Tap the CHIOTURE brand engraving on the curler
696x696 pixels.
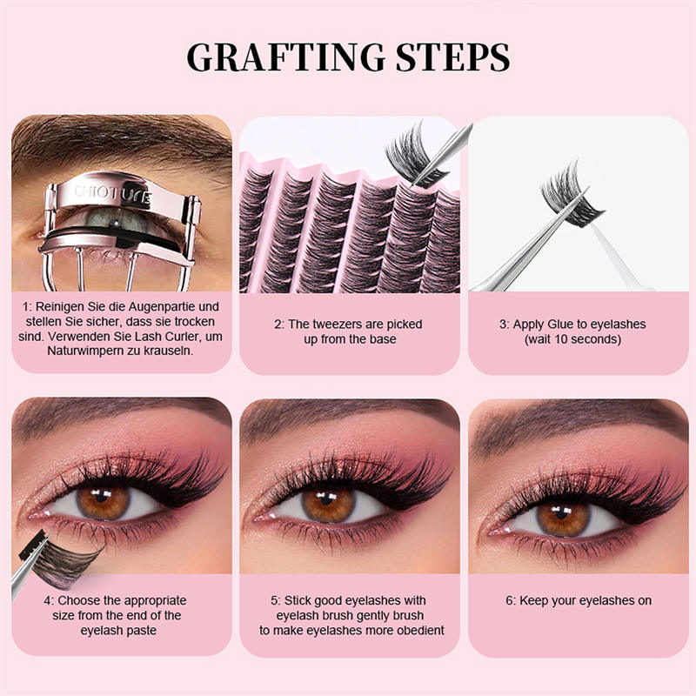pyautogui.click(x=112, y=192)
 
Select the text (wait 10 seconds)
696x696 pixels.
pyautogui.click(x=572, y=339)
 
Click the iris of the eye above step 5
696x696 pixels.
pyautogui.click(x=330, y=504)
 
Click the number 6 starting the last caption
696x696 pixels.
pyautogui.click(x=510, y=601)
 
